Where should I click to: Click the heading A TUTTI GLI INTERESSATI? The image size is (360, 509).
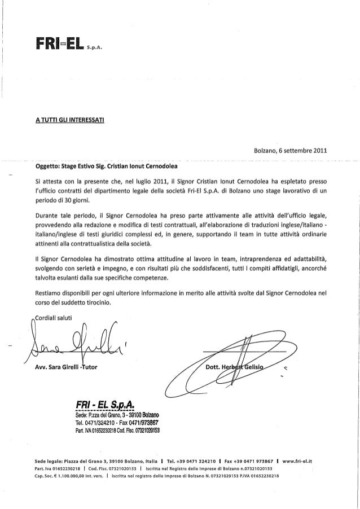(67, 120)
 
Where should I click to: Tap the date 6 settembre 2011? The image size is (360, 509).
(302, 151)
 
